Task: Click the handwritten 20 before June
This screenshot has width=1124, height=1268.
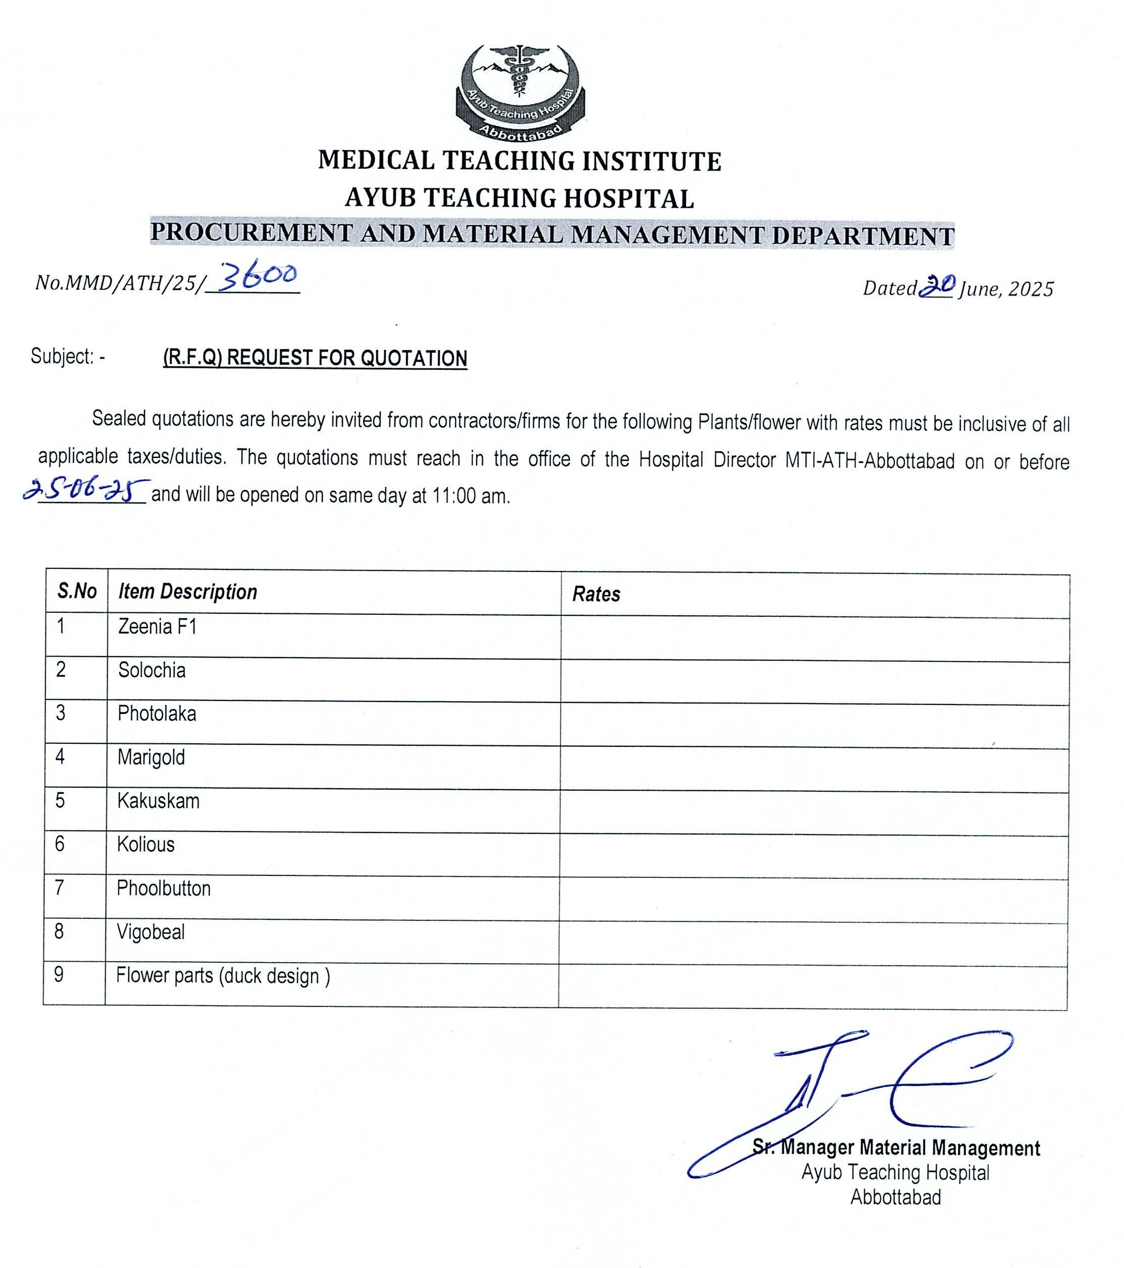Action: pyautogui.click(x=937, y=286)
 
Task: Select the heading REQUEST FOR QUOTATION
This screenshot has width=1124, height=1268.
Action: pyautogui.click(x=315, y=358)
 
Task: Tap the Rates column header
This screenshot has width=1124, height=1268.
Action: pyautogui.click(x=596, y=594)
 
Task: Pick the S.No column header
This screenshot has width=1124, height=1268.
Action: pyautogui.click(x=77, y=591)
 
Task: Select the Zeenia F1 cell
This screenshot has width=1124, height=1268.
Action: pyautogui.click(x=158, y=627)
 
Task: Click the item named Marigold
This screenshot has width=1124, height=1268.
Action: pyautogui.click(x=151, y=757)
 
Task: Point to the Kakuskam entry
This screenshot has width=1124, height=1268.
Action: pyautogui.click(x=159, y=801)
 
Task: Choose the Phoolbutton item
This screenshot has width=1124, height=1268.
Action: pyautogui.click(x=164, y=889)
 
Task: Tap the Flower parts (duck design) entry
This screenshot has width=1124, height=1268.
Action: pyautogui.click(x=223, y=976)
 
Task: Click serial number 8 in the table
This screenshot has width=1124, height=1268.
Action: pyautogui.click(x=59, y=932)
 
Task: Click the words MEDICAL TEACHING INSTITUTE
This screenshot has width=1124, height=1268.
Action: pyautogui.click(x=520, y=161)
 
